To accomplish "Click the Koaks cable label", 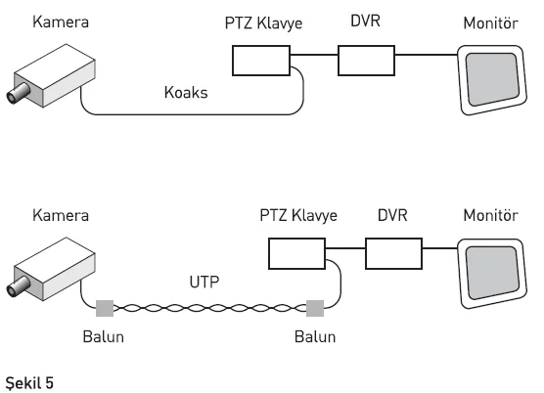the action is point(186,93).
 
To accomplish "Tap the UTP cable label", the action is point(204,282).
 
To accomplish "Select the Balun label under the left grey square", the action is point(104,337).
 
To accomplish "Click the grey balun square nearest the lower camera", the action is point(105,309).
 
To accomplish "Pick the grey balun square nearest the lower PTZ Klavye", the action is point(315,309).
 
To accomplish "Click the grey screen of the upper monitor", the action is point(492,79).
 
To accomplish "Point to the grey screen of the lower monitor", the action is point(492,273).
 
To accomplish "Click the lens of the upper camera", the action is point(18,93).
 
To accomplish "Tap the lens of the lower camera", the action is point(18,286).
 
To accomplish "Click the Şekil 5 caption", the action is point(29,383).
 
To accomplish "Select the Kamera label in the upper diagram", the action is point(61,22).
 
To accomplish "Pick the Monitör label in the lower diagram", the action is point(490,215).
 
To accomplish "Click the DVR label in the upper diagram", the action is point(365,21).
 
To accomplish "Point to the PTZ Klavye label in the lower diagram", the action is point(298,215).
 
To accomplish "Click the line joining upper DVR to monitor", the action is point(427,55).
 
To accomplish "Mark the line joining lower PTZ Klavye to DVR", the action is point(345,248).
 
